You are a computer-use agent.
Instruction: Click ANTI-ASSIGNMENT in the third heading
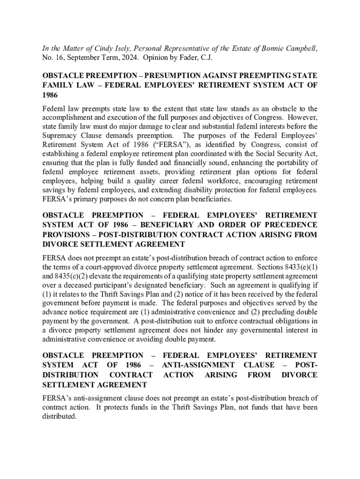pos(198,365)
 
